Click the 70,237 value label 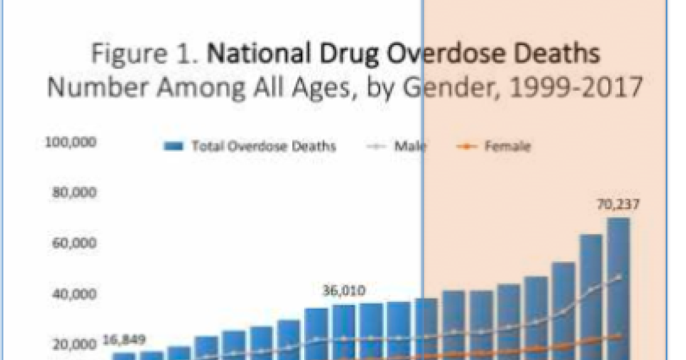(617, 204)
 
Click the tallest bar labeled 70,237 (618, 286)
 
